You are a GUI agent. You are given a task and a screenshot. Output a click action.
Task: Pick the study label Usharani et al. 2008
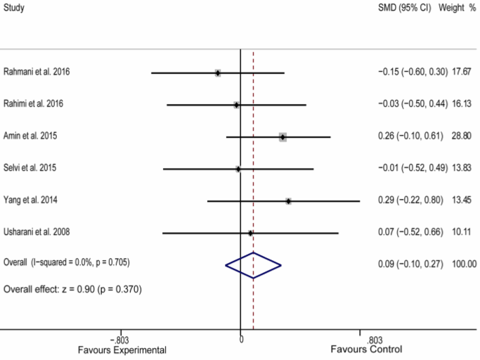point(37,232)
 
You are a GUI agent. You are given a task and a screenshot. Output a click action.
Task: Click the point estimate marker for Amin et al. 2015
point(283,137)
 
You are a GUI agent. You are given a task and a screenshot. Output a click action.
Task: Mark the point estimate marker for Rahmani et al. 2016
point(218,73)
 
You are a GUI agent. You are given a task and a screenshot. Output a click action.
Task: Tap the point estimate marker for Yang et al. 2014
point(288,201)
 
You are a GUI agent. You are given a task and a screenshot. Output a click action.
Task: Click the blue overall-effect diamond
point(253,264)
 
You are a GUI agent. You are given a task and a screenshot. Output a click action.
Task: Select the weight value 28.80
point(462,136)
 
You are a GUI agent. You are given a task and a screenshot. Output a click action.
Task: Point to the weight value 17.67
point(462,72)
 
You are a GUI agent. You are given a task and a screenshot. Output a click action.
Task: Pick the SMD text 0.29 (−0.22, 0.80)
point(411,200)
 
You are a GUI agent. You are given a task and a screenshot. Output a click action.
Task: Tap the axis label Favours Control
point(367,349)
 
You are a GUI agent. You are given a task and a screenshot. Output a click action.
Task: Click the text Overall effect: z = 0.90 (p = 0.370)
point(73,289)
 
